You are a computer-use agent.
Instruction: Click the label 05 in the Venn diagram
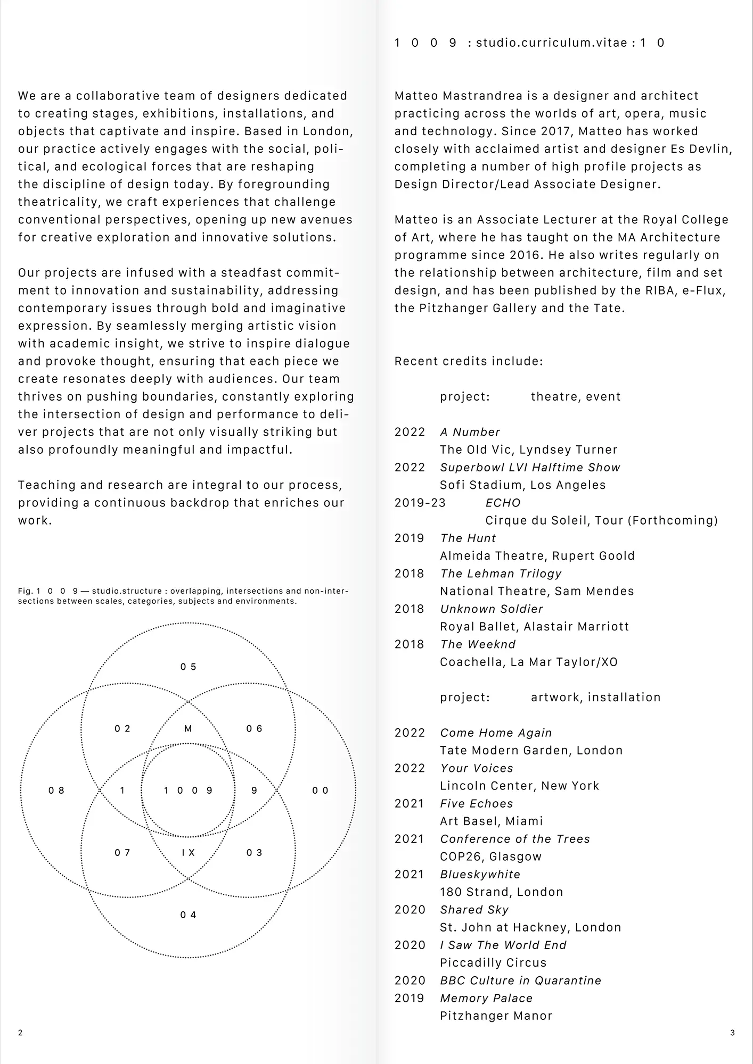pos(188,667)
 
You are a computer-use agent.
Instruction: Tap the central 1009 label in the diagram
pos(188,791)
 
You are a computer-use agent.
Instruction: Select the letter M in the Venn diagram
pos(188,729)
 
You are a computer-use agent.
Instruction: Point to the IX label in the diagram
pos(188,853)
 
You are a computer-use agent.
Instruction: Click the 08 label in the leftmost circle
pos(56,791)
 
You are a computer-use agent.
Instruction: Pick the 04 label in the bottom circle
pos(188,915)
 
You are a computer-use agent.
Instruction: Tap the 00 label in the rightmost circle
pos(320,791)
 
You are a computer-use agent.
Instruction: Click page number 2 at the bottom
pos(20,1033)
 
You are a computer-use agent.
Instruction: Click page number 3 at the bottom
pos(732,1033)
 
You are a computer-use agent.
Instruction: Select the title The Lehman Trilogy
pos(501,573)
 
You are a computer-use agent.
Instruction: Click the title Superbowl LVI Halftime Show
pos(530,468)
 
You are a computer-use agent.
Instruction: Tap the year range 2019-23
pos(420,503)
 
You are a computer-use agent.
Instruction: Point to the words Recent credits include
pos(469,361)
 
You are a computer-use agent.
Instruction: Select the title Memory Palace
pos(486,998)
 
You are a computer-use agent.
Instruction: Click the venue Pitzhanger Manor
pos(496,1016)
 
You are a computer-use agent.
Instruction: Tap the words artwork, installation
pos(595,697)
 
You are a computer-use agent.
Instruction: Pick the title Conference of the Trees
pos(515,839)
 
